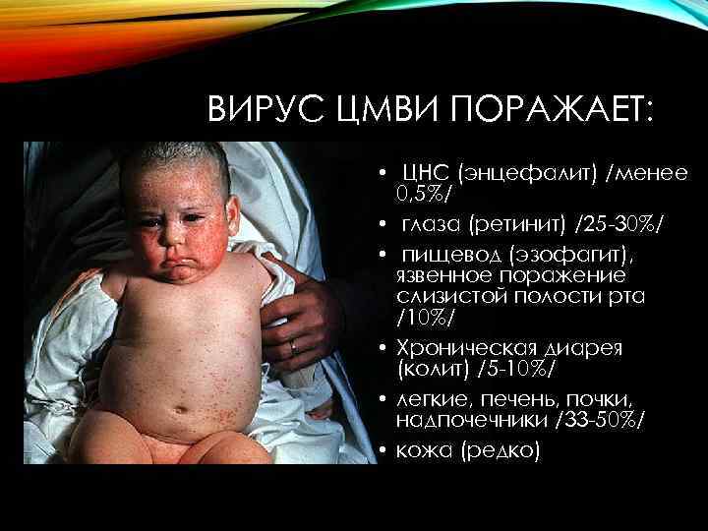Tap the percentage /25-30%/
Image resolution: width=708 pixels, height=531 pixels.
(614, 227)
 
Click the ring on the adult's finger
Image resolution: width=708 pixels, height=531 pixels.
(293, 346)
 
